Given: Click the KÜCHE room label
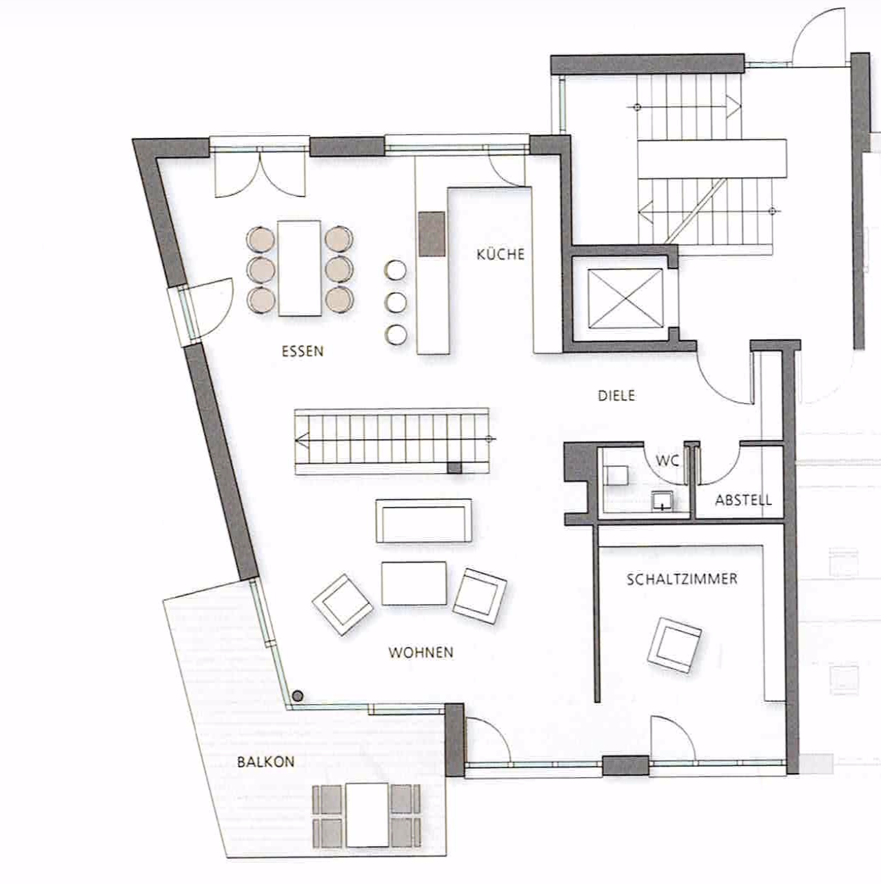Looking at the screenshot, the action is (500, 254).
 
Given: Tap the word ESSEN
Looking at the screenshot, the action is (303, 352).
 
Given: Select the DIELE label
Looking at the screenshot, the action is (617, 395).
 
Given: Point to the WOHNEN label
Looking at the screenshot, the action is (421, 652).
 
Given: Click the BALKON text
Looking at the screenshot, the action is (265, 762).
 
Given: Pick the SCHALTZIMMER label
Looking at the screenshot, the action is (682, 579).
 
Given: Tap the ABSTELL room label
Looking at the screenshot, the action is (743, 500).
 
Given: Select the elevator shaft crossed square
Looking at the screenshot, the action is (625, 299).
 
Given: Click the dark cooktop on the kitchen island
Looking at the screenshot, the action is (432, 234).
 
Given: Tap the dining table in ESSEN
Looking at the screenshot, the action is (299, 268).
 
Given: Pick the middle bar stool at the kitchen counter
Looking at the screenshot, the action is (396, 302).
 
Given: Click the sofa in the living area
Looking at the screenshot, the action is (424, 521).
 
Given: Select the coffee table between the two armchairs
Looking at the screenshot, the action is (414, 583).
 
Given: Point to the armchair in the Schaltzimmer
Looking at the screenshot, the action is (675, 645).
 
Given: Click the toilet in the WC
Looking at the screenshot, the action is (616, 475).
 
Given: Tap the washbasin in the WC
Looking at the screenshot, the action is (662, 501).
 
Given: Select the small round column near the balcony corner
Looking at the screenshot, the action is (298, 696).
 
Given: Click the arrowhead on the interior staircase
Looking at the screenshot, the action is (301, 440).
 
